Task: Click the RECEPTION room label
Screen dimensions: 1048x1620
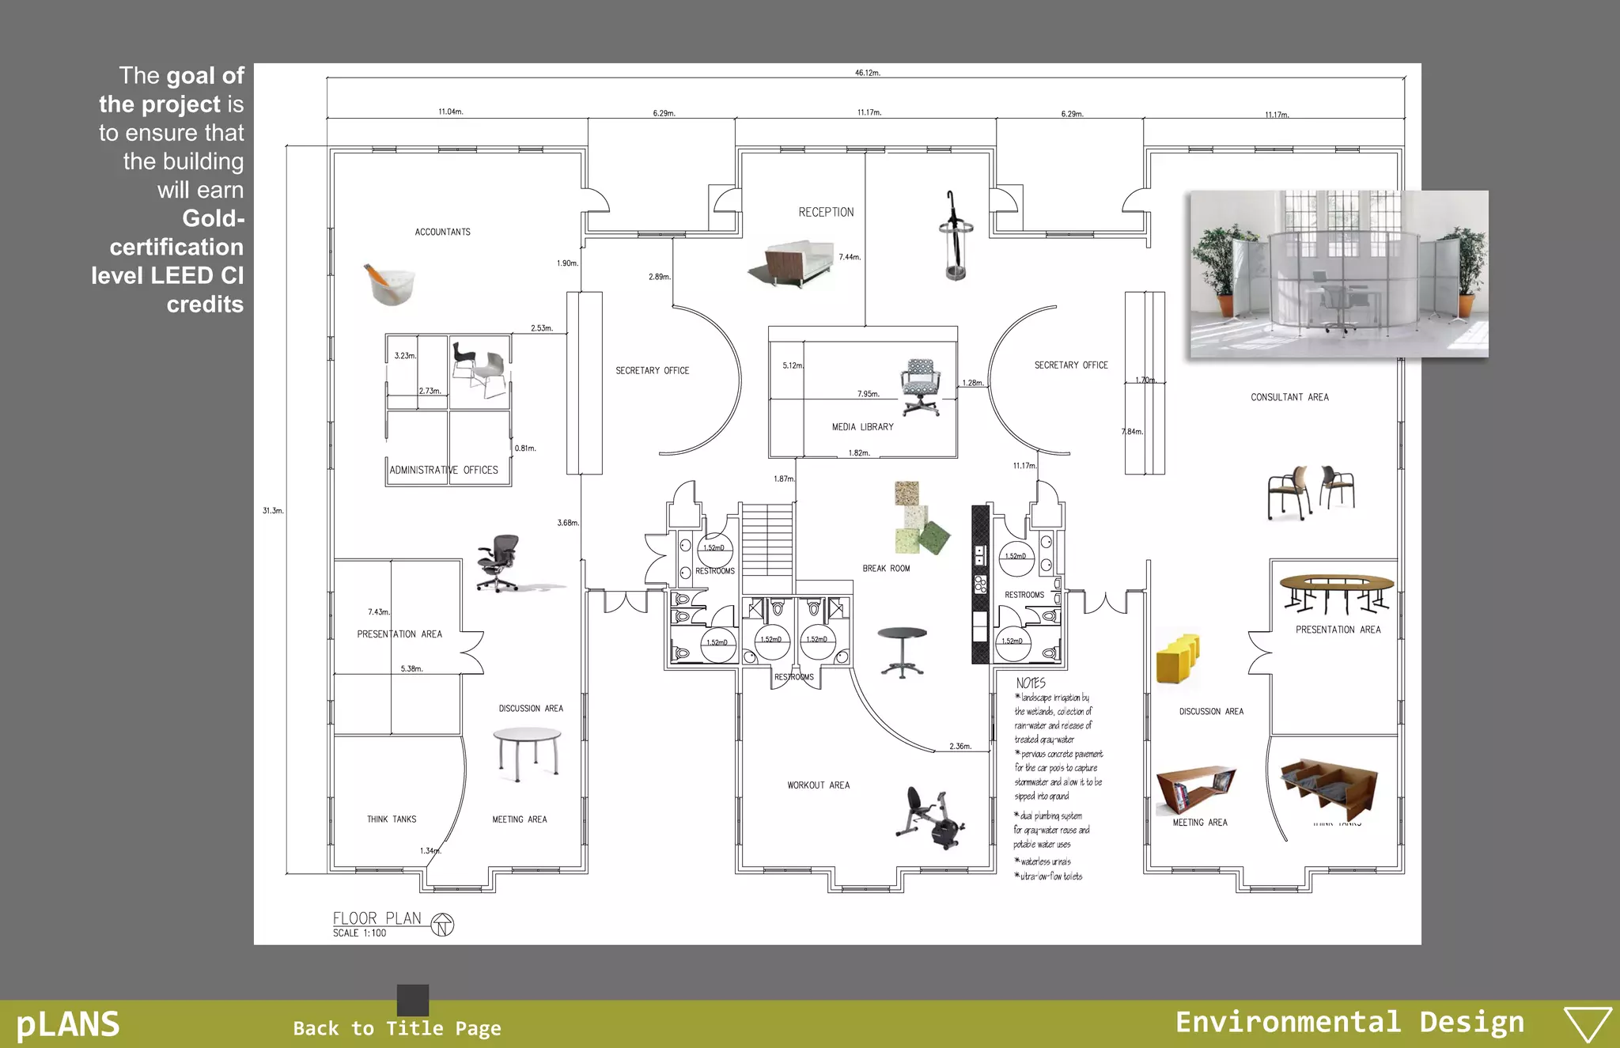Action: tap(826, 212)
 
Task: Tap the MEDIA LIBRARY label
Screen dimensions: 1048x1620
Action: tap(862, 427)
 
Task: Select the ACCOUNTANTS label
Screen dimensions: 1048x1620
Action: tap(442, 233)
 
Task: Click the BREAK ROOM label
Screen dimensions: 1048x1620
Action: tap(886, 569)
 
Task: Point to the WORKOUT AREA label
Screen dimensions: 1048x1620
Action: tap(818, 785)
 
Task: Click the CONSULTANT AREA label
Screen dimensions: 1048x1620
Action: tap(1289, 397)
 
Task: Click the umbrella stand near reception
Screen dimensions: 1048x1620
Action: tap(955, 237)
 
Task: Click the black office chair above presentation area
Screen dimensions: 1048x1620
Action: tap(498, 562)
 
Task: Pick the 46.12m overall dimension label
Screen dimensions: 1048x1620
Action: tap(867, 73)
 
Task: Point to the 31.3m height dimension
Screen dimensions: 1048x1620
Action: tap(273, 511)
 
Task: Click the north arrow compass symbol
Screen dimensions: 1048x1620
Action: tap(443, 925)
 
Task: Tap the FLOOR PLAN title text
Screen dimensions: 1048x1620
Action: tap(377, 918)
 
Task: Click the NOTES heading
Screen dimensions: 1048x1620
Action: tap(1031, 683)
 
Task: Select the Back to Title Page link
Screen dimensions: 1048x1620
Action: tap(397, 1028)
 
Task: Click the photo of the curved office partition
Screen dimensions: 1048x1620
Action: tap(1338, 274)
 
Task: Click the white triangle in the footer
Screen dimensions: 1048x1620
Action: tap(1588, 1024)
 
